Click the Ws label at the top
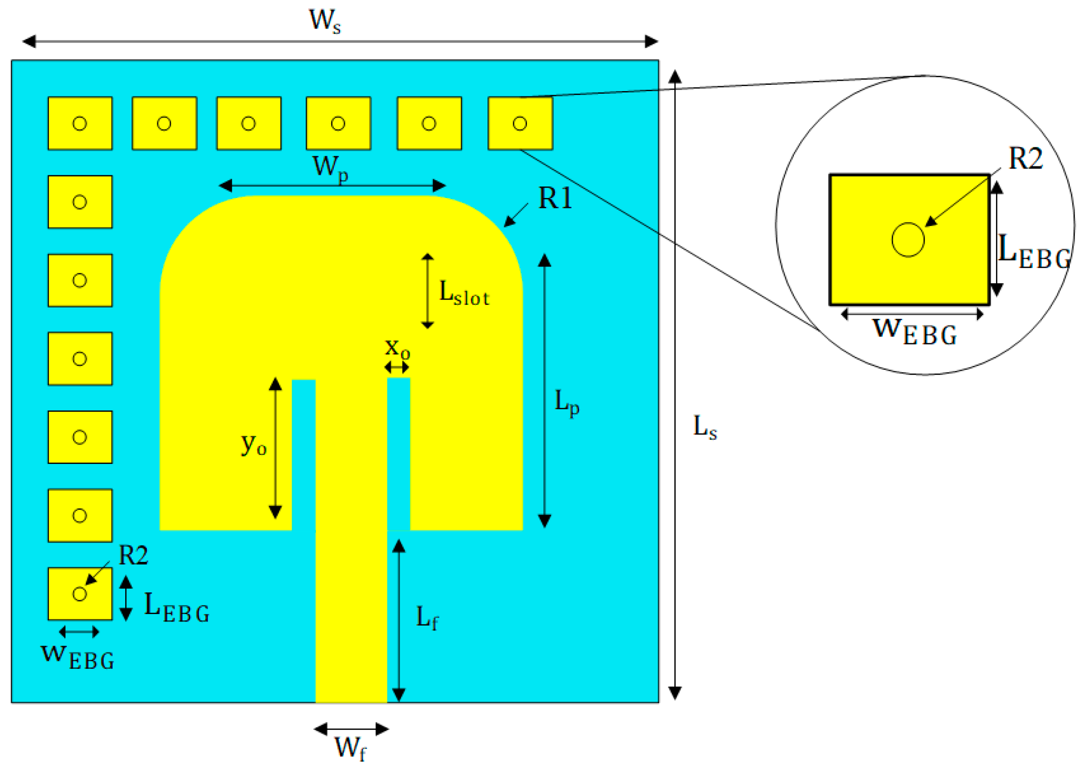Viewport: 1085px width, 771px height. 325,21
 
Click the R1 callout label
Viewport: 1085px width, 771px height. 555,199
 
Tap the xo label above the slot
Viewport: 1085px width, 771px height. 397,349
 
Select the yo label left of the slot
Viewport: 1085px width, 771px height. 254,444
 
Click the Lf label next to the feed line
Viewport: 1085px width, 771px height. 427,617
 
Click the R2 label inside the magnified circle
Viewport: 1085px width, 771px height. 1025,159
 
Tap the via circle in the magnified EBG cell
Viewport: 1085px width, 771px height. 908,240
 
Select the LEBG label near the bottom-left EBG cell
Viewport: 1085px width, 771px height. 176,607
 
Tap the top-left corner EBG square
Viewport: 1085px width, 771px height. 80,123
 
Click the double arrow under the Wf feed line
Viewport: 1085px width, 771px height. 351,729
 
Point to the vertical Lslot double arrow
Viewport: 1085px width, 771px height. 427,291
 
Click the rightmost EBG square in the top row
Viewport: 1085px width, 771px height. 520,123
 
